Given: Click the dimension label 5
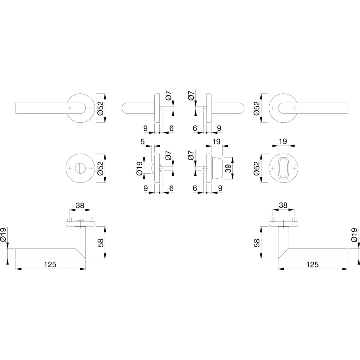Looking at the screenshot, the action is pyautogui.click(x=143, y=142).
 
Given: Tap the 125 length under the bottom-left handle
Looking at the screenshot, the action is pyautogui.click(x=50, y=264).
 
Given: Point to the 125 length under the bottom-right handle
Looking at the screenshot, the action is pyautogui.click(x=312, y=264).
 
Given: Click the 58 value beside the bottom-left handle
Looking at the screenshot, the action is pyautogui.click(x=101, y=243).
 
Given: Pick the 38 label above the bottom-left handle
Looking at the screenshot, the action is pyautogui.click(x=80, y=205).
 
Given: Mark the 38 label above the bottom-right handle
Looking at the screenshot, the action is pyautogui.click(x=283, y=205).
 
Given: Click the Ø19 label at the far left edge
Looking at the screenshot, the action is pyautogui.click(x=3, y=234).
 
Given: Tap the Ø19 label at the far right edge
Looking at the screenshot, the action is pyautogui.click(x=354, y=234).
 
